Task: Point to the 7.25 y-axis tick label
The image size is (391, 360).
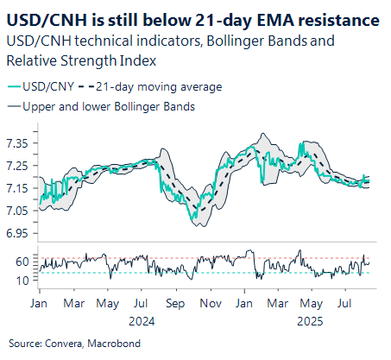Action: click(x=17, y=165)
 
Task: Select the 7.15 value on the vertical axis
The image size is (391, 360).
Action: click(x=17, y=187)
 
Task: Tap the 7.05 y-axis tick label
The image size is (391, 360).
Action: click(x=17, y=211)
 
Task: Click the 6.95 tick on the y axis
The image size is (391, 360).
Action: click(x=17, y=233)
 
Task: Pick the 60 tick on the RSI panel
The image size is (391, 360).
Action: click(x=22, y=261)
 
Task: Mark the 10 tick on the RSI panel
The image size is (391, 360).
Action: click(x=22, y=281)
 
